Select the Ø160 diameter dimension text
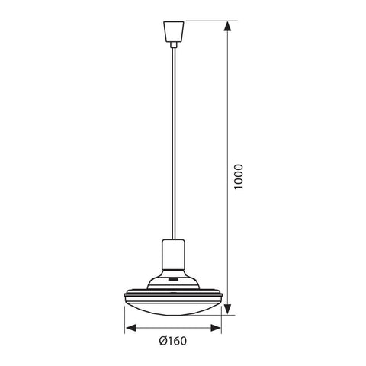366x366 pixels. coord(174,341)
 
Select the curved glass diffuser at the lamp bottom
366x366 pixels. coord(175,305)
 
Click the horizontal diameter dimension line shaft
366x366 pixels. coord(175,329)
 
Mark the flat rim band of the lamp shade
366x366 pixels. coord(175,293)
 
